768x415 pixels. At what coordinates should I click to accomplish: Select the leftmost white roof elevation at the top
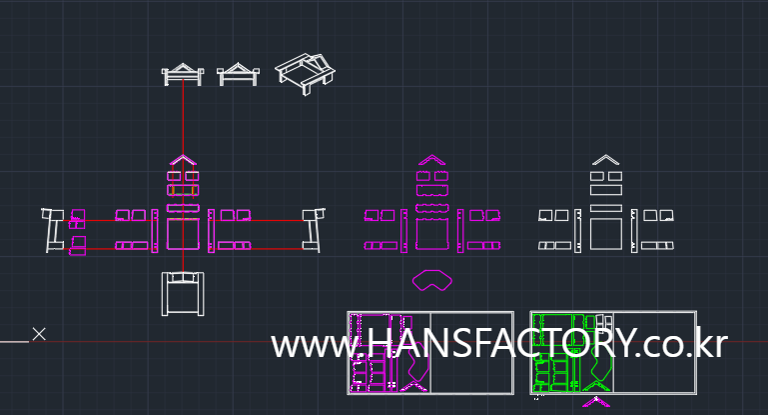183,74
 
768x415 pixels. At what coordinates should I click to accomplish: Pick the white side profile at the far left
52,230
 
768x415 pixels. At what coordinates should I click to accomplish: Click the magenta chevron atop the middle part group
430,159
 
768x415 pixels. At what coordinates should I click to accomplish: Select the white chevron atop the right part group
604,159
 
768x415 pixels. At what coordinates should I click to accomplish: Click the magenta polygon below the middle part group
431,280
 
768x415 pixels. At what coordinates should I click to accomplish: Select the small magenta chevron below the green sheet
596,403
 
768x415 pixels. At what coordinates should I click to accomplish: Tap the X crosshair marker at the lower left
39,334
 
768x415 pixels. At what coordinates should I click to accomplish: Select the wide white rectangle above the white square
605,207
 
